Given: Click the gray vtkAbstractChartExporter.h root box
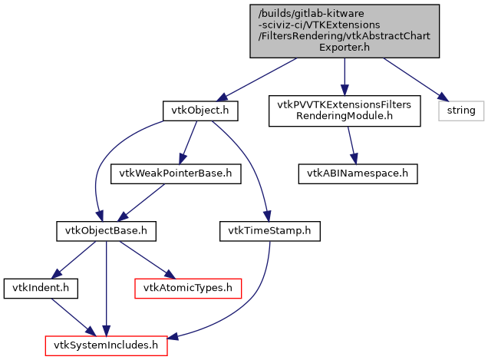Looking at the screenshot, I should tap(345, 30).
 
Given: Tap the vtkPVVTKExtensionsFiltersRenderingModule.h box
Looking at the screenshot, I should tap(345, 111).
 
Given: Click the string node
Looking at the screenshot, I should tap(460, 111).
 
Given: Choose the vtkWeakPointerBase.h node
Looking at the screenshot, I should tap(176, 173).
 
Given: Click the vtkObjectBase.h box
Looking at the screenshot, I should tap(107, 230).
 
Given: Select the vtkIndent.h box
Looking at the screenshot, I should tap(31, 288).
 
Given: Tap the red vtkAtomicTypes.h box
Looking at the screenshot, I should tap(188, 288).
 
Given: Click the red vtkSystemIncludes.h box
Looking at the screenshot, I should tap(105, 345).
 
